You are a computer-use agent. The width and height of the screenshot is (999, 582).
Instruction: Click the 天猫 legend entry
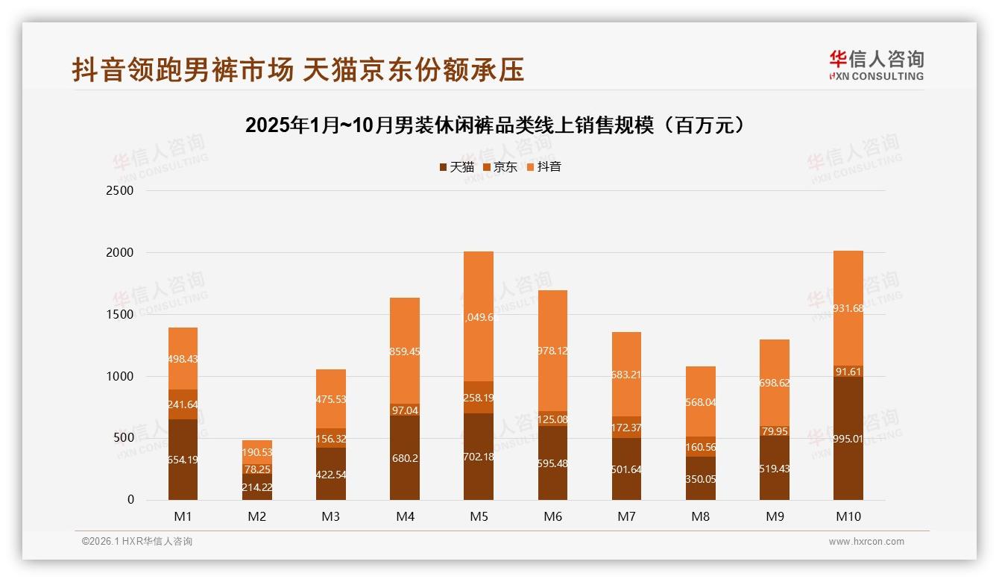tap(456, 167)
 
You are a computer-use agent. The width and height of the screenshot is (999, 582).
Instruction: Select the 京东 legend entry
tap(499, 167)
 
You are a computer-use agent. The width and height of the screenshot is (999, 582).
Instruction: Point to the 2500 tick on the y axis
tap(119, 191)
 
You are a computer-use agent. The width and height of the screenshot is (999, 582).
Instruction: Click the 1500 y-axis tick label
tap(119, 315)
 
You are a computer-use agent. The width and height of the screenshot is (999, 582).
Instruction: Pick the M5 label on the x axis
tap(479, 516)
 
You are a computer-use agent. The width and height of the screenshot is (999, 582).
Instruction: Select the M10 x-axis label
tap(848, 516)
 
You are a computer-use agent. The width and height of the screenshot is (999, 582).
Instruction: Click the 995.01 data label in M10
tap(848, 439)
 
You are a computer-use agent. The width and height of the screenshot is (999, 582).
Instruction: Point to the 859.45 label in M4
tap(405, 351)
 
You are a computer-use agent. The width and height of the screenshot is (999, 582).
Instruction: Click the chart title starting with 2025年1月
tap(495, 125)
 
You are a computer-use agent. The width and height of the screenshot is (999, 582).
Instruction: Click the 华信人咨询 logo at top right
tap(876, 65)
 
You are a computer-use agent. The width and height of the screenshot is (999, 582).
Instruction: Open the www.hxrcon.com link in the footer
tap(866, 542)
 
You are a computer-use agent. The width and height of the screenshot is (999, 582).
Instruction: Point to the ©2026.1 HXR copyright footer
tap(137, 542)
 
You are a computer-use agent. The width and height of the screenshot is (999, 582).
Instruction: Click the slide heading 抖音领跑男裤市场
tap(298, 69)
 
